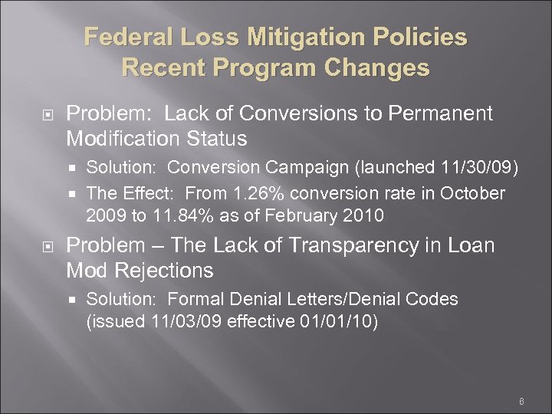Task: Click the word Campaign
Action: point(324,168)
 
